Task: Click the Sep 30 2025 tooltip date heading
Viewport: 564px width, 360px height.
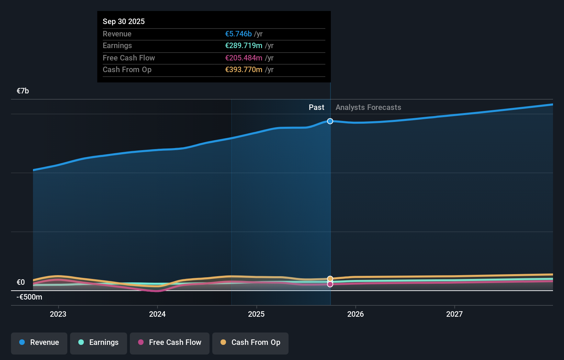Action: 124,21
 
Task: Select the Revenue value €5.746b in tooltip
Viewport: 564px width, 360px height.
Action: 238,34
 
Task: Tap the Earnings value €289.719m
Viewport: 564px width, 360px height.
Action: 244,46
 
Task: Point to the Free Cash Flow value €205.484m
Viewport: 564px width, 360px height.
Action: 244,58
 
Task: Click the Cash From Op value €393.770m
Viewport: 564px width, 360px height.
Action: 244,70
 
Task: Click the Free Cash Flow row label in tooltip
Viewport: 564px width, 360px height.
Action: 129,58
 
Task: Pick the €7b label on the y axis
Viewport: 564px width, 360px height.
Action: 23,91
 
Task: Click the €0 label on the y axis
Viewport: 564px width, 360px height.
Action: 21,282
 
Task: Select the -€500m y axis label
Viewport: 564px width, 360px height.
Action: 30,297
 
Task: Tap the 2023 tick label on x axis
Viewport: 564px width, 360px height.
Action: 58,314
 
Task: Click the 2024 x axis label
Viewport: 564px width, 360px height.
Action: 157,314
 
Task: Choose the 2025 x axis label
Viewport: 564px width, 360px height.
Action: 256,314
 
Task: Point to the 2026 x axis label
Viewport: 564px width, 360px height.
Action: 356,314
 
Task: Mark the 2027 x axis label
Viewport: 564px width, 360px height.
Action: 454,314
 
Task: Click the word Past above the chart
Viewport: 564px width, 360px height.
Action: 316,108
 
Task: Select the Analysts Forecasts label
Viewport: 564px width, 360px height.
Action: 368,108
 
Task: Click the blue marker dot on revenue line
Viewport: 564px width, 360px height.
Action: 330,121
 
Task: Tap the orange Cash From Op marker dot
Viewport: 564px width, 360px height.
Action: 330,279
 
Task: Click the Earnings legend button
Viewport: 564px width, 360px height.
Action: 99,342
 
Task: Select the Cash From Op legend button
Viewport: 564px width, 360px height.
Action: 250,342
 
